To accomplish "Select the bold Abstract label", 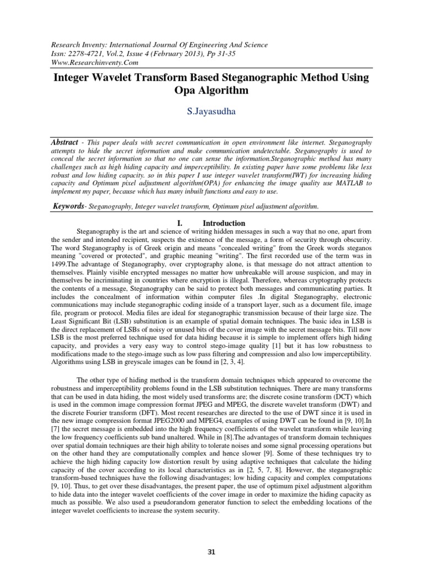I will (x=65, y=141).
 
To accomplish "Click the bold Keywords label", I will (x=70, y=206).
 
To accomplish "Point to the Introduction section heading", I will (x=224, y=224).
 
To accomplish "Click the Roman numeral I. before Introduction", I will (x=179, y=224).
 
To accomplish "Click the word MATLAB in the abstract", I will (x=349, y=183).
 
